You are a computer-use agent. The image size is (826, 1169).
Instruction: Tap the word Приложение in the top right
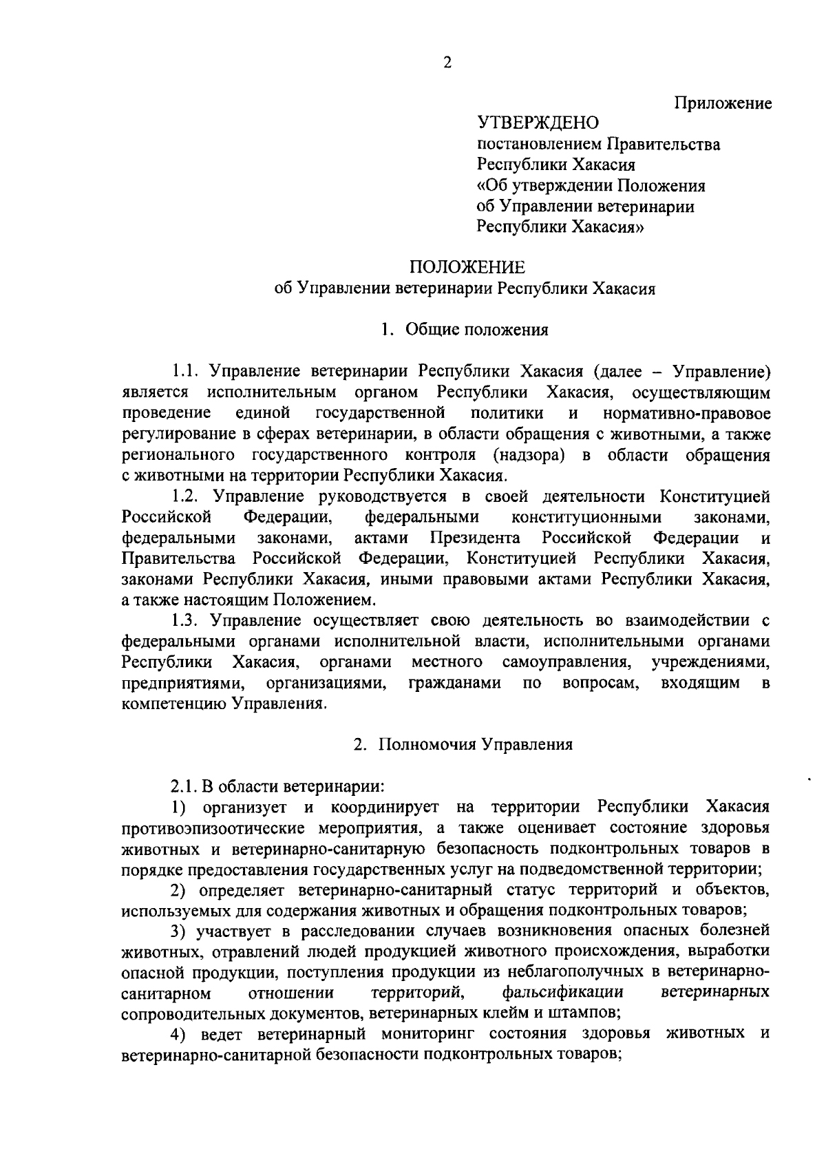tap(723, 103)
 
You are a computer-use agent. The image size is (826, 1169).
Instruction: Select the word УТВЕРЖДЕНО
tap(538, 123)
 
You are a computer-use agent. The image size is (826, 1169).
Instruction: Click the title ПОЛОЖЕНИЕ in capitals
tap(467, 268)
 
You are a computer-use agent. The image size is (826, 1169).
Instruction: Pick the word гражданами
tap(454, 683)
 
